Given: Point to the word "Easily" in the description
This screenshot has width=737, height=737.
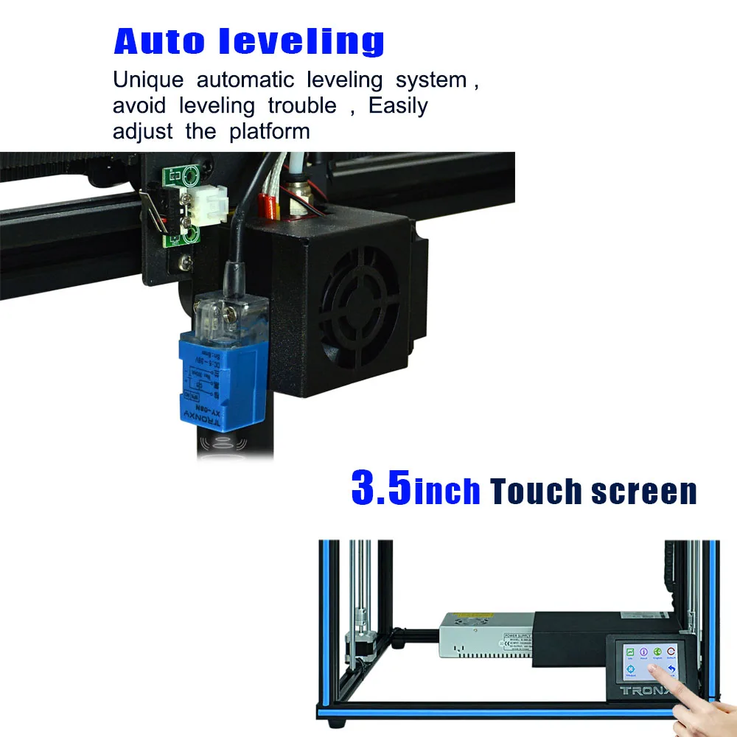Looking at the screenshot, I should tap(398, 105).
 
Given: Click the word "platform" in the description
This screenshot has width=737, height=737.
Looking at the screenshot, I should tap(270, 132).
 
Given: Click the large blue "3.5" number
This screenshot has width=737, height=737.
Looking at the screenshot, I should tap(381, 488).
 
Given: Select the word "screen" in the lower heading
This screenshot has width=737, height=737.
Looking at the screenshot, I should tap(644, 492).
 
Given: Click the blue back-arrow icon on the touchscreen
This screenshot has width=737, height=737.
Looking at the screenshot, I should tap(671, 670).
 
